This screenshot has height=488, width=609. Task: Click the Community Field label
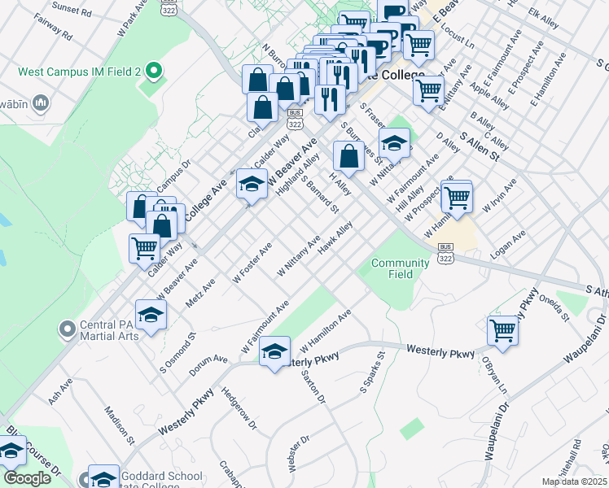point(400,268)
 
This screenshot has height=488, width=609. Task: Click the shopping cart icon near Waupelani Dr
point(502,329)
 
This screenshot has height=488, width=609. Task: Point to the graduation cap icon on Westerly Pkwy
point(274,351)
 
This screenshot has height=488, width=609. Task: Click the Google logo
point(27,478)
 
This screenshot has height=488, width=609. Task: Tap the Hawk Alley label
point(335,241)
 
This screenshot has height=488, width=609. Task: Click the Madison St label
point(119,427)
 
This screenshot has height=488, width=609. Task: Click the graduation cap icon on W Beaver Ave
point(251,184)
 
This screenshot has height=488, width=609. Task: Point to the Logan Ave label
point(508,243)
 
